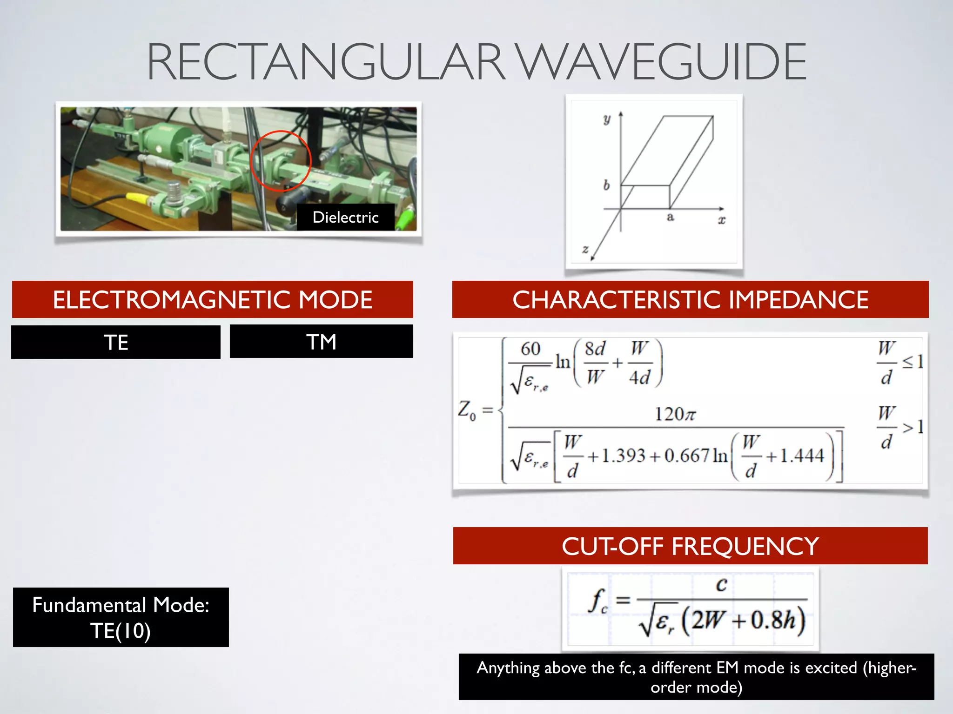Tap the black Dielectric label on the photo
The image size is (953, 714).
click(345, 217)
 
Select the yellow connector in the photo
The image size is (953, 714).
click(137, 198)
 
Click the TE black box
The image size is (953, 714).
click(116, 342)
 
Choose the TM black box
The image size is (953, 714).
click(321, 342)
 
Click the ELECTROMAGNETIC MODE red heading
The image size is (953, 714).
click(212, 299)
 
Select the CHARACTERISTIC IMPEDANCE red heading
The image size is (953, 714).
click(690, 299)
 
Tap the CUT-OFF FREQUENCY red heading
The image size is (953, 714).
click(690, 546)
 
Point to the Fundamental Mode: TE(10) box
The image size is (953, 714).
click(121, 617)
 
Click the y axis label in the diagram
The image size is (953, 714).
click(607, 119)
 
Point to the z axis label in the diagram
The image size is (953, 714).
click(585, 249)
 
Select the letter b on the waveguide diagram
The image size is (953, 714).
click(606, 185)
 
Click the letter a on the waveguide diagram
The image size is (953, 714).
click(670, 217)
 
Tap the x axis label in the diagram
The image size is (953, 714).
click(721, 220)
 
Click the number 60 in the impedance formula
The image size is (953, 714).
click(530, 349)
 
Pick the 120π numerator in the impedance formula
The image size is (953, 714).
click(675, 414)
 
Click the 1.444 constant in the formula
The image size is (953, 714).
click(802, 456)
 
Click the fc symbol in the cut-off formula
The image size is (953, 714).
click(598, 601)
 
